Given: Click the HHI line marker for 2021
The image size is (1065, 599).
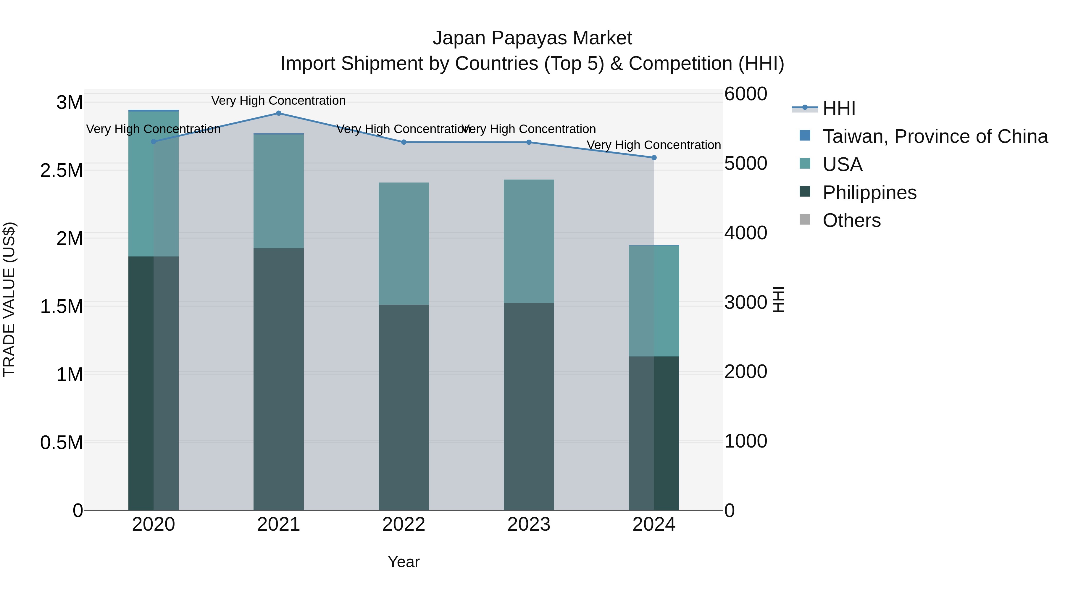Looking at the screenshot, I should [278, 113].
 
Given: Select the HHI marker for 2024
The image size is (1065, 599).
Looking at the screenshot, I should [653, 157].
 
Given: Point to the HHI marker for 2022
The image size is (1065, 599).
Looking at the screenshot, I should [404, 142].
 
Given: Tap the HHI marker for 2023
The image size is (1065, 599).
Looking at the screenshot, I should [529, 142].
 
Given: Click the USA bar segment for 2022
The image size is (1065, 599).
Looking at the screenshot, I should [404, 244].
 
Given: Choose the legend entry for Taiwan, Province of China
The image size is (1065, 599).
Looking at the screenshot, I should [934, 136].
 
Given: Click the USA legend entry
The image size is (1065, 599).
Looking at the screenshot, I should [842, 164].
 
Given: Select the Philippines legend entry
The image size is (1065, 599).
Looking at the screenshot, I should [869, 193].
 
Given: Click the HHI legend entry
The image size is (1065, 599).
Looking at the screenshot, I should [838, 108].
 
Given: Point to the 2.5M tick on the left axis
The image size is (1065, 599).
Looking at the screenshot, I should [62, 171].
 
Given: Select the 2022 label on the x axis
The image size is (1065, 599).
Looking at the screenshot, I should [404, 524].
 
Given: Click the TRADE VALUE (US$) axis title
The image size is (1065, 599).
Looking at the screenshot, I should [9, 299].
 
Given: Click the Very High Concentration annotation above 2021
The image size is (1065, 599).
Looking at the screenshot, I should [278, 101].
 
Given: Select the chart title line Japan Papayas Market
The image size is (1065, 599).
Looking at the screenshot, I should [532, 38].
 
